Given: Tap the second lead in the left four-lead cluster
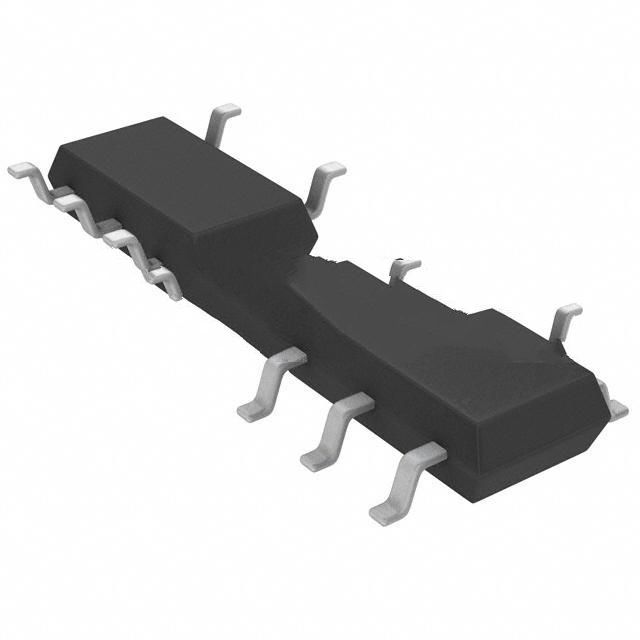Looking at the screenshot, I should [x=72, y=203].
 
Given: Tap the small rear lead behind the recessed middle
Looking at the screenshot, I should [x=403, y=267].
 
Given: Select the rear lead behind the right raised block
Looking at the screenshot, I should [x=563, y=319].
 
